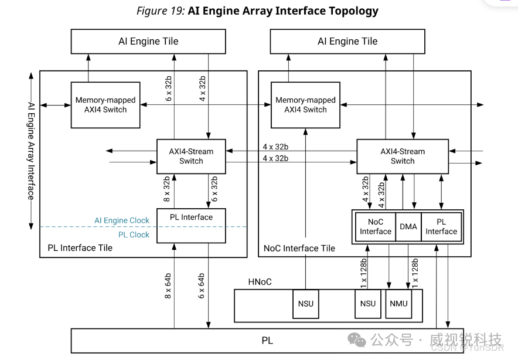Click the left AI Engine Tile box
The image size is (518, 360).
[x=148, y=42]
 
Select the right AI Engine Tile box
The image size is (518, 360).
[x=347, y=42]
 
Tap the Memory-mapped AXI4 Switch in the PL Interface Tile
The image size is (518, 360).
[x=105, y=105]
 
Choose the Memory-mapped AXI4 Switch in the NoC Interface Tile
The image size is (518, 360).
[x=305, y=105]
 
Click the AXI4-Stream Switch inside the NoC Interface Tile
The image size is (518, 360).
[x=403, y=156]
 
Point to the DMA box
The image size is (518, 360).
[x=408, y=226]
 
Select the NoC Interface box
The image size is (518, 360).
[x=376, y=226]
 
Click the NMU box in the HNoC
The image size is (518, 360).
[x=398, y=304]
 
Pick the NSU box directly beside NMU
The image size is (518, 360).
[x=368, y=304]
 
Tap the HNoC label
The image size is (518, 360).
[x=260, y=282]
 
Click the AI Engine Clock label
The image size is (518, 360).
[x=122, y=220]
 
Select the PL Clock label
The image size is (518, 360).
[x=134, y=235]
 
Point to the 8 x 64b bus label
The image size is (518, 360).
[x=168, y=286]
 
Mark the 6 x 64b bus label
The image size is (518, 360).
[x=201, y=286]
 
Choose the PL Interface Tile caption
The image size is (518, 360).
[x=80, y=248]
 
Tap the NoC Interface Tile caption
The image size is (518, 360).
[x=299, y=249]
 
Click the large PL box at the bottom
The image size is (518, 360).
[x=267, y=341]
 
